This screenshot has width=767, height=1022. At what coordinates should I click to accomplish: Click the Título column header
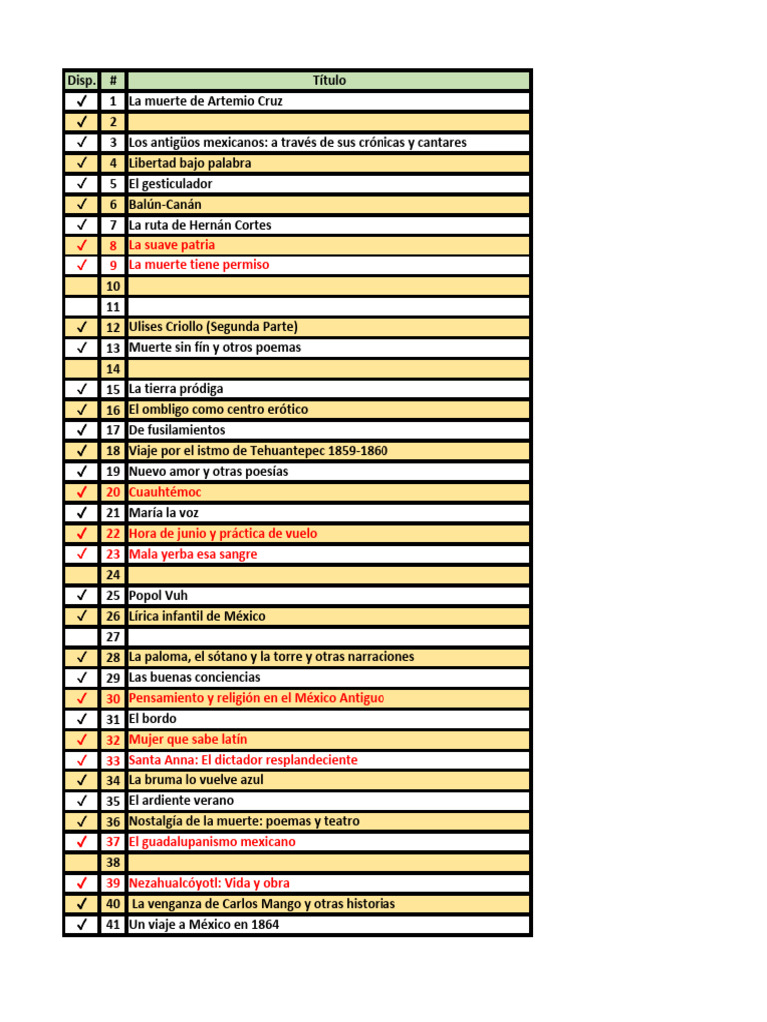(329, 80)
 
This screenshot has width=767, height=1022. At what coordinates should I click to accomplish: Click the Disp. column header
(80, 80)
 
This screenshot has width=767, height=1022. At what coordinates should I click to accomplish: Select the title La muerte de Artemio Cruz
(205, 101)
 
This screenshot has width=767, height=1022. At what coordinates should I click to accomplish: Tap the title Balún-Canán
(165, 204)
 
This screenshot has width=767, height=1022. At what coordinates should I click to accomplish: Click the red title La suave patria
(171, 245)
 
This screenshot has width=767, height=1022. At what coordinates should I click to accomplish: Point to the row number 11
(113, 306)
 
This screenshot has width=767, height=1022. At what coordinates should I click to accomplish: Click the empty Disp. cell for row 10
(81, 286)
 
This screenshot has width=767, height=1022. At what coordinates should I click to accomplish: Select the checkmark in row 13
(81, 348)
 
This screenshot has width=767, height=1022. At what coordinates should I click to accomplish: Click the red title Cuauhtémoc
(165, 492)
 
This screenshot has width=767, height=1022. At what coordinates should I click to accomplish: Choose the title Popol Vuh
(158, 595)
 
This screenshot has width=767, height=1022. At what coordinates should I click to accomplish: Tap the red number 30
(113, 698)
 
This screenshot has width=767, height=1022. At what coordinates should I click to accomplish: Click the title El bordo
(152, 719)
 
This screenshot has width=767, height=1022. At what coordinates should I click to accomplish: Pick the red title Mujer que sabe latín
(188, 739)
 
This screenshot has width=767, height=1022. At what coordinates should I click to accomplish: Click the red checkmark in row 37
(81, 842)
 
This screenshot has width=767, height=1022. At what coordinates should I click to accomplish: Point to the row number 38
(113, 862)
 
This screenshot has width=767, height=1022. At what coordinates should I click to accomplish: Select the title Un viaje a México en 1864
(204, 924)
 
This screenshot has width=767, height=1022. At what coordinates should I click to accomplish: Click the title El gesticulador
(170, 184)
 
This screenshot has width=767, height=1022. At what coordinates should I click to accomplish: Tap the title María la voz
(164, 513)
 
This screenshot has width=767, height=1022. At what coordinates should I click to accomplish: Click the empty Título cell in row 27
(329, 636)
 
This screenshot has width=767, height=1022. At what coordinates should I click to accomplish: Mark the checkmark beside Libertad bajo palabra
(81, 163)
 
